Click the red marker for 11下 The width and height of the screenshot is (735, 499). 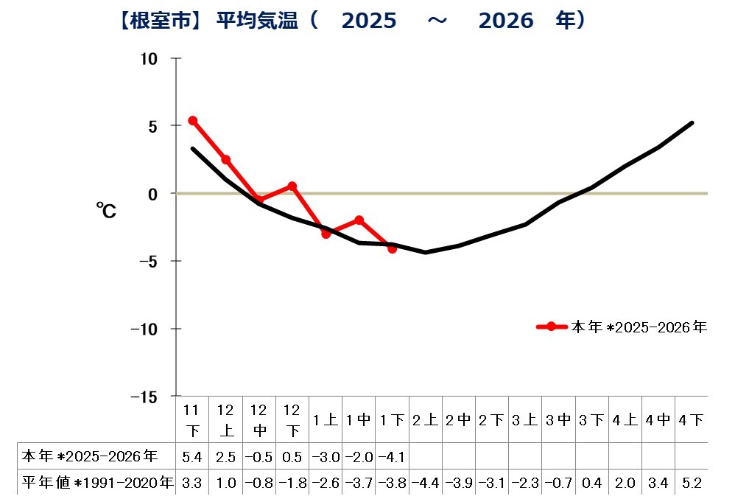(192, 120)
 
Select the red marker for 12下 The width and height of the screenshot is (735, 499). (292, 186)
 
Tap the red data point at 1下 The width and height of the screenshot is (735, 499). (392, 249)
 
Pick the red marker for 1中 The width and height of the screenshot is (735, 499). (359, 220)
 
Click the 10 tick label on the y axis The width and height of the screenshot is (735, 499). (150, 58)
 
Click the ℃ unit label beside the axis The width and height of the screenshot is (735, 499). (105, 212)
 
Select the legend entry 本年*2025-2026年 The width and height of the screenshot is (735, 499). (622, 327)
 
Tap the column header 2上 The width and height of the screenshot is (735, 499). (425, 420)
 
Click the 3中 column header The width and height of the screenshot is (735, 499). (558, 420)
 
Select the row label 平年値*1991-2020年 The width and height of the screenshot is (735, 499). (96, 483)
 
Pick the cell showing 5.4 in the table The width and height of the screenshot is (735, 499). (192, 456)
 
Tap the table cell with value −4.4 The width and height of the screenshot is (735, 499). (425, 483)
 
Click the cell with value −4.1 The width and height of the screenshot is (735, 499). (392, 456)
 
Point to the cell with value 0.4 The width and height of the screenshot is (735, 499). (591, 483)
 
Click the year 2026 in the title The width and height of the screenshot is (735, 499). (505, 21)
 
